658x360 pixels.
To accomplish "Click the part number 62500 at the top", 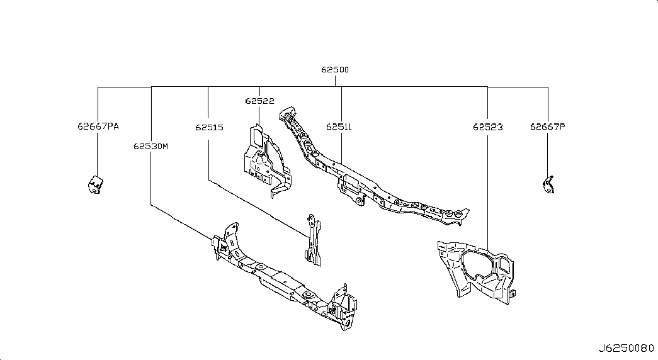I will [x=334, y=70].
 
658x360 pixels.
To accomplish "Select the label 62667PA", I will [x=98, y=127].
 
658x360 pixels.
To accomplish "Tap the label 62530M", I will [x=151, y=147].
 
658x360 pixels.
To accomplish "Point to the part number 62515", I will [x=209, y=127].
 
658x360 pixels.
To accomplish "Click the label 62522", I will [x=259, y=101].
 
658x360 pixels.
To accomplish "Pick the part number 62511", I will [x=339, y=127].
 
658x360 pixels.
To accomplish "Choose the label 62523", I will [x=488, y=127].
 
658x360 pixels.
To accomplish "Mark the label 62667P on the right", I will [x=547, y=127].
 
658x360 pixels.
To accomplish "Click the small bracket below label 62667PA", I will [x=95, y=186].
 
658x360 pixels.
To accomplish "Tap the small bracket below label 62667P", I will [x=547, y=185].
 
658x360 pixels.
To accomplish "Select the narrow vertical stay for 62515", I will [x=312, y=240].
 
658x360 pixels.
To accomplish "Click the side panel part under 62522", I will [x=264, y=160].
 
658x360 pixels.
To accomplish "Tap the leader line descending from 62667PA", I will [x=98, y=154].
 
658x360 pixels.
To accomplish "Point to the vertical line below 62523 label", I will [x=488, y=189].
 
